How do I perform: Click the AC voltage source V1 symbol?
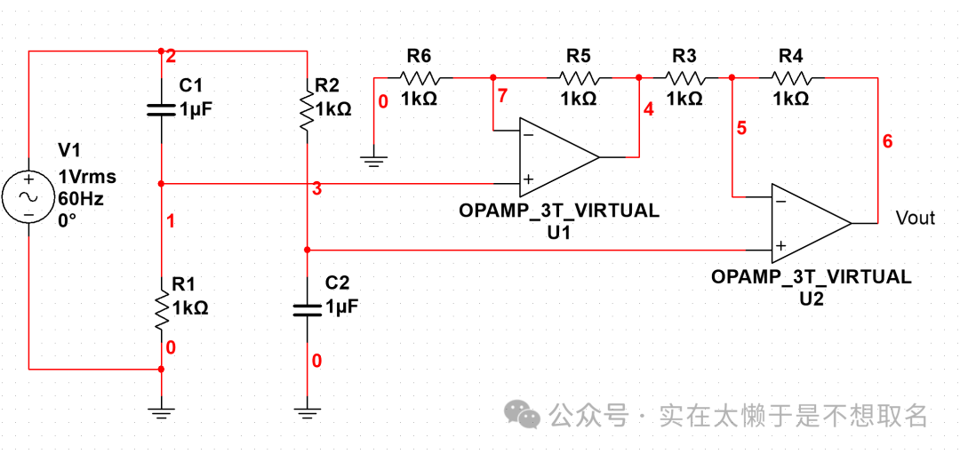[28, 197]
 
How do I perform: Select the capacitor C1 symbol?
[161, 109]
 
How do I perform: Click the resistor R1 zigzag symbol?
[161, 307]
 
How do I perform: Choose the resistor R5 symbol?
[578, 77]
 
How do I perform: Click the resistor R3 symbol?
[684, 77]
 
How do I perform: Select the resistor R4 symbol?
[790, 77]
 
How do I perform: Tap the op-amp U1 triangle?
[558, 157]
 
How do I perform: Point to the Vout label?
[915, 218]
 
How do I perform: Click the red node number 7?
[504, 95]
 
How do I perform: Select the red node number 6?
[887, 141]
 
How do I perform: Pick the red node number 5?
[741, 129]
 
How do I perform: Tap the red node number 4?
[648, 109]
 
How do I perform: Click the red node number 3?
[316, 189]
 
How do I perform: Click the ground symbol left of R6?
[374, 162]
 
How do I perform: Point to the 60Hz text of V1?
[81, 197]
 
